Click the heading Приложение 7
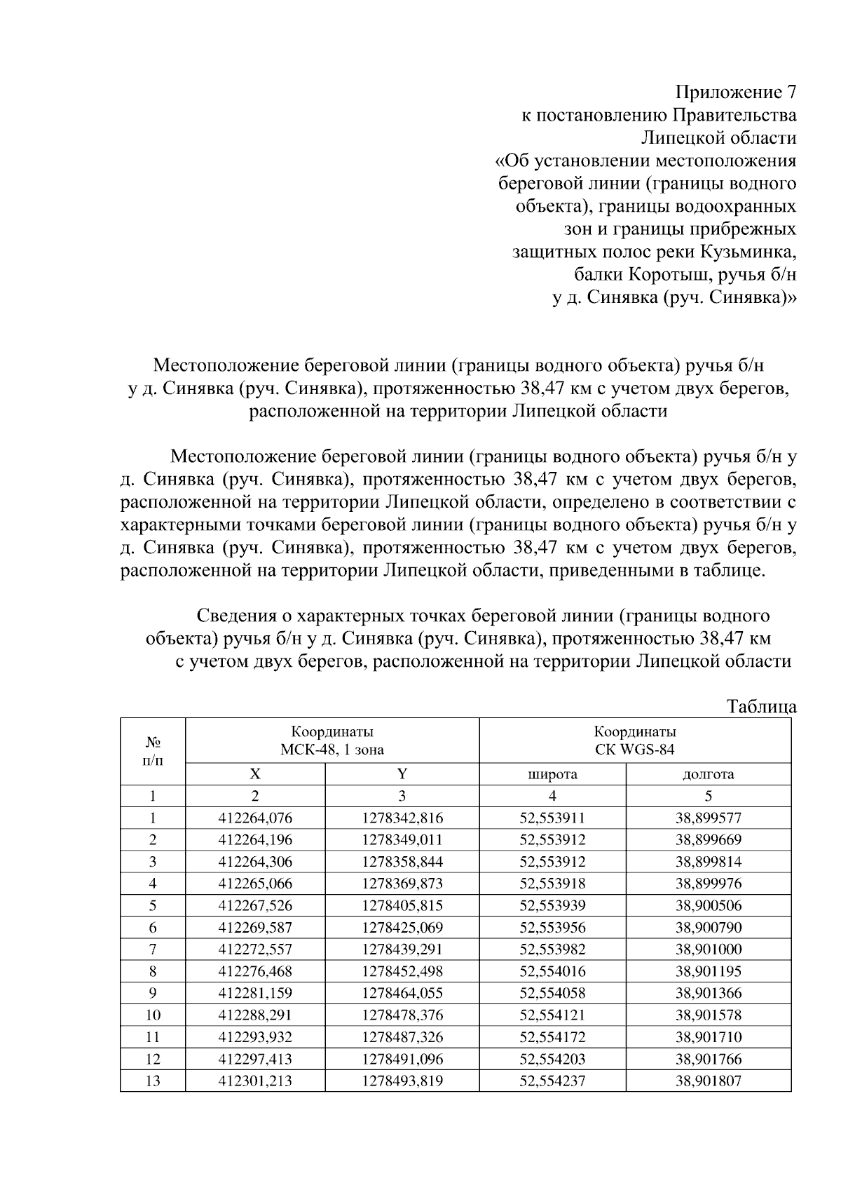[735, 93]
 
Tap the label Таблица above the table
[761, 706]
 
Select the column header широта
[552, 774]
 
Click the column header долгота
[708, 774]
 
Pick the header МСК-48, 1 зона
[332, 750]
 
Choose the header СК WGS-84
[635, 750]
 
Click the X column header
[255, 774]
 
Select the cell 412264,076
[255, 818]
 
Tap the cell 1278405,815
[402, 906]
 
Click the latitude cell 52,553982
[552, 949]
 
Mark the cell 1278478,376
[402, 1015]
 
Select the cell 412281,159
[255, 994]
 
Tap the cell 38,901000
[708, 949]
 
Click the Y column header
[402, 774]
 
